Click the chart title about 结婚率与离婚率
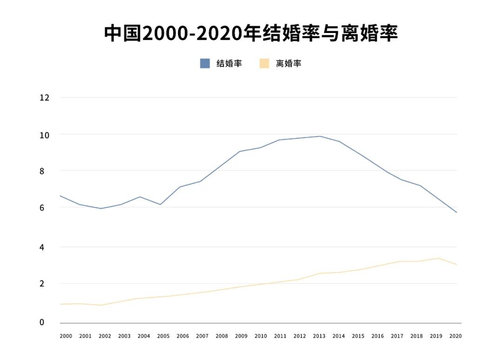pos(251,33)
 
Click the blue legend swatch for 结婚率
pos(205,63)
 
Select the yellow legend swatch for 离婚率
pos(264,63)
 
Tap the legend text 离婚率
pos(289,63)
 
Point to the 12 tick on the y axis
pos(45,98)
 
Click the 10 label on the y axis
pos(45,135)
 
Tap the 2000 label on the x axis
pos(66,336)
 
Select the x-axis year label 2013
pos(319,336)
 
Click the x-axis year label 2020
pos(455,336)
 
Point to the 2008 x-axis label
pos(222,336)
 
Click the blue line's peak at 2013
pos(319,136)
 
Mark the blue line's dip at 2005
pos(160,204)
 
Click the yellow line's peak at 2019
pos(437,258)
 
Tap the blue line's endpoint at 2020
pos(456,212)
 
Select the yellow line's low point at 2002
pos(100,305)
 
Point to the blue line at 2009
pos(240,151)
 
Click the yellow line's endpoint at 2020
pos(456,265)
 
